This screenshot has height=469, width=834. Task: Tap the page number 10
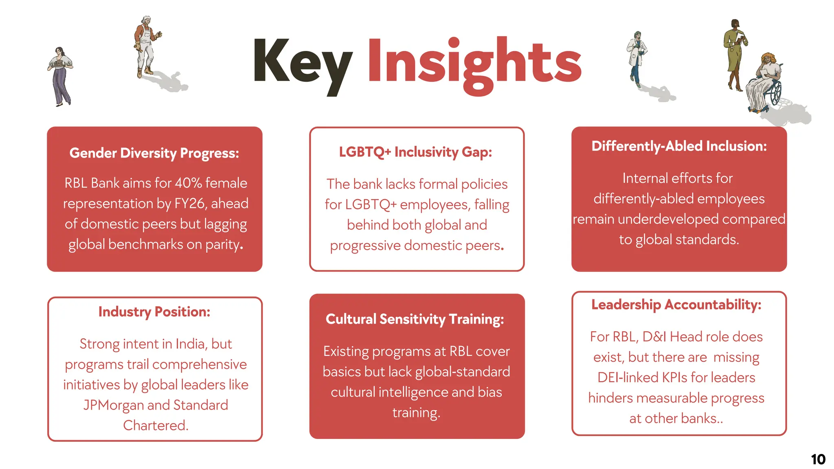[818, 460]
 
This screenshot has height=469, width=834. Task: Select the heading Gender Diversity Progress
[154, 153]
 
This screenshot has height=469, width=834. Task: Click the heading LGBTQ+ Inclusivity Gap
[415, 152]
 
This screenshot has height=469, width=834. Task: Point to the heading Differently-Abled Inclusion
[679, 146]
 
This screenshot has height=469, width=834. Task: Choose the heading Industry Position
[154, 311]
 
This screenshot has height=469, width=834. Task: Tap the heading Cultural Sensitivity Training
[415, 319]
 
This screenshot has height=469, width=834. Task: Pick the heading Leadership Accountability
[676, 304]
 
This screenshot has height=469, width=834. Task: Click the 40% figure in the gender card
[188, 183]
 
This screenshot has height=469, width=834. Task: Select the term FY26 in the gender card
[189, 204]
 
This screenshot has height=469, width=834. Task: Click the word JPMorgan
[113, 405]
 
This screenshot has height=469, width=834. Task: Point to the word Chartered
[155, 425]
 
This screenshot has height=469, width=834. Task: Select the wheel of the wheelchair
[776, 94]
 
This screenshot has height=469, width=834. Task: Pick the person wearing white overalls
[145, 47]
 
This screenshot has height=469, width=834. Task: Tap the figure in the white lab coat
[636, 57]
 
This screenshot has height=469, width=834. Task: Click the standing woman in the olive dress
[735, 53]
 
